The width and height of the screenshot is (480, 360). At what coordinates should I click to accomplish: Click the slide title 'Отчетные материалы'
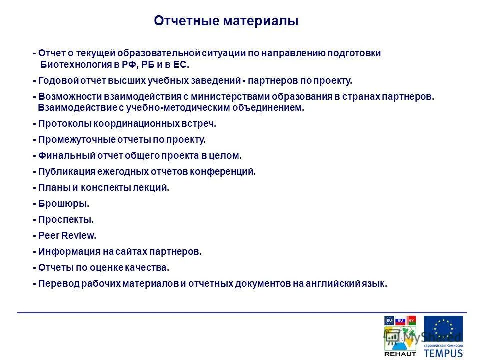[x=226, y=21]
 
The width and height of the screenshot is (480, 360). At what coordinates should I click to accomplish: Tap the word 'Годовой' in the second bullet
[x=55, y=81]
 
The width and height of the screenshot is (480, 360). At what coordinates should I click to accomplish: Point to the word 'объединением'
[x=275, y=108]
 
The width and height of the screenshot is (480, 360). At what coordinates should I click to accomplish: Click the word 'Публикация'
[x=60, y=172]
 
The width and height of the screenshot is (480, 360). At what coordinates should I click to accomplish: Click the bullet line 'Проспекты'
[x=65, y=220]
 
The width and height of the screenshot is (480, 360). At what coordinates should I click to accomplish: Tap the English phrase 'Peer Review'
[x=67, y=236]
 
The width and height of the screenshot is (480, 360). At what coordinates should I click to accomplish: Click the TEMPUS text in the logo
[x=443, y=353]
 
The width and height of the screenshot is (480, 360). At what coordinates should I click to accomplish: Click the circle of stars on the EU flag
[x=443, y=329]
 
